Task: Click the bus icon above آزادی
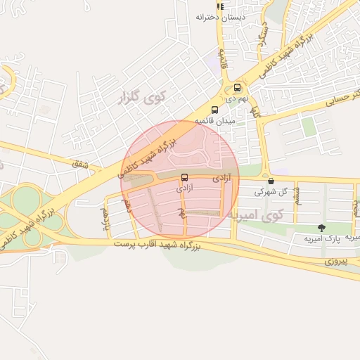tap(185, 177)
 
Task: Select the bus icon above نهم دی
tap(237, 88)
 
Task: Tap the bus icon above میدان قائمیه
tap(214, 110)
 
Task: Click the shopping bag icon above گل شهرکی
tap(271, 181)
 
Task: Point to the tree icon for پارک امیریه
tap(321, 227)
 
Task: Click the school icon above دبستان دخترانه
tap(220, 6)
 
